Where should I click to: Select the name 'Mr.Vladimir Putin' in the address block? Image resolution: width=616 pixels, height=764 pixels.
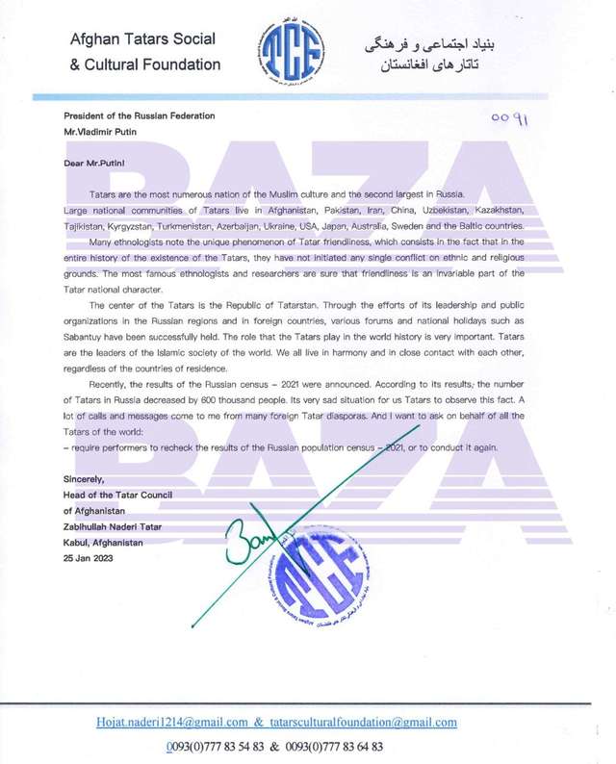tap(105, 129)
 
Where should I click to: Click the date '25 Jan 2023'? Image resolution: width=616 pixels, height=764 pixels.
tap(93, 556)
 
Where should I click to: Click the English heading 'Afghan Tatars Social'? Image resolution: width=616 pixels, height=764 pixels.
tap(142, 39)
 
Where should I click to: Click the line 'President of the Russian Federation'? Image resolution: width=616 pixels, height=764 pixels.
tap(139, 115)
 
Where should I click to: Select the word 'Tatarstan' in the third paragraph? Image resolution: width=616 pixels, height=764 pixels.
tap(259, 313)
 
